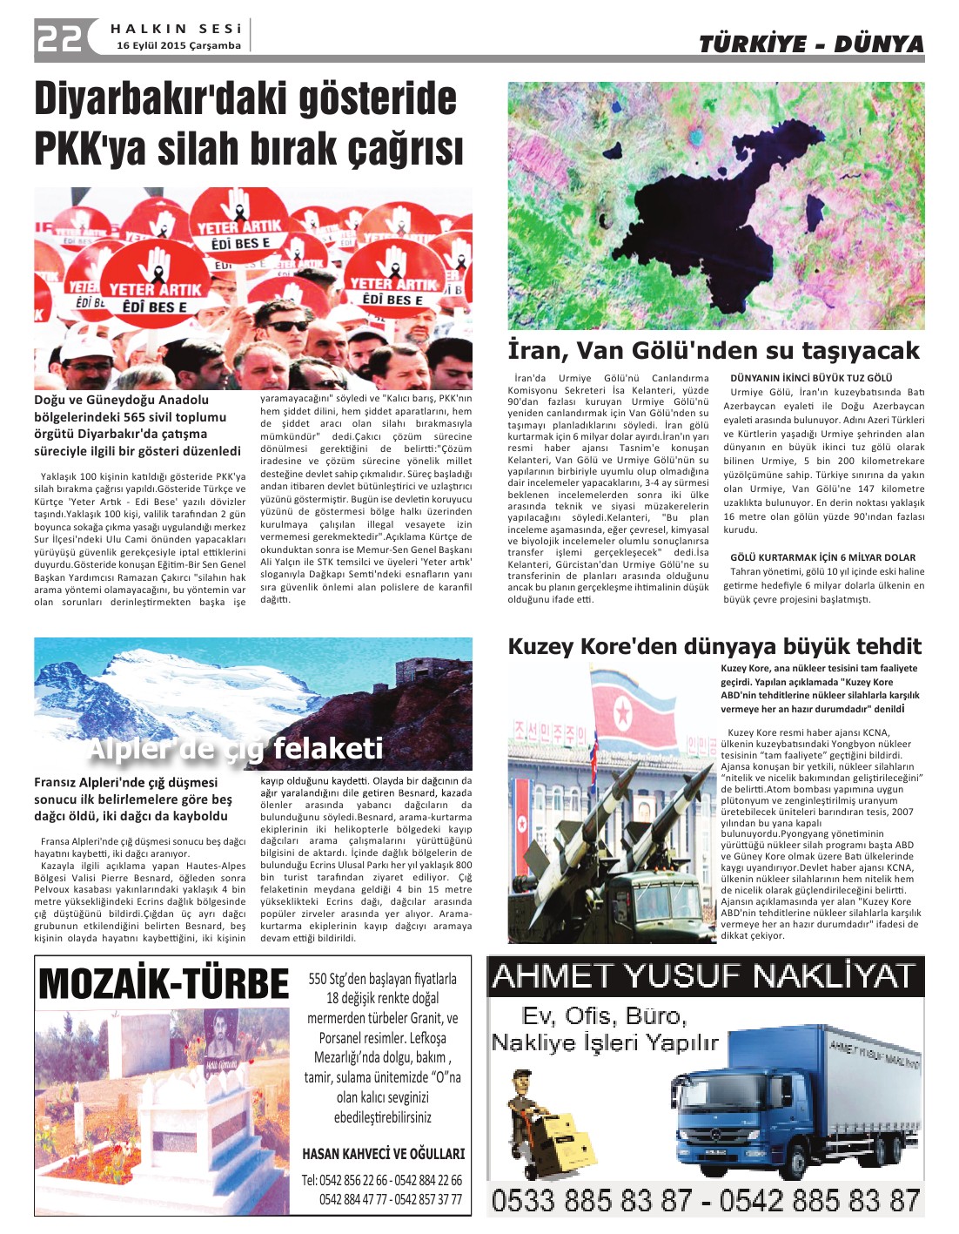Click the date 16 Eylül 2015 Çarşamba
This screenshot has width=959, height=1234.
pyautogui.click(x=178, y=45)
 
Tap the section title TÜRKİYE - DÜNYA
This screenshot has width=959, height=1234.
pyautogui.click(x=810, y=44)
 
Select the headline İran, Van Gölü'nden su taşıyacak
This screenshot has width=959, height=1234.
pyautogui.click(x=713, y=350)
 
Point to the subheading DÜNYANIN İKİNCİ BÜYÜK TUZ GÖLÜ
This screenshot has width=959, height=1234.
pyautogui.click(x=811, y=378)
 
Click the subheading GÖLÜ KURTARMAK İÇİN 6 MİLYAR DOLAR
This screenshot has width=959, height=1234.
pyautogui.click(x=822, y=557)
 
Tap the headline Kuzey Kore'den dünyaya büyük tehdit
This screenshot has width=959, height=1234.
pyautogui.click(x=714, y=646)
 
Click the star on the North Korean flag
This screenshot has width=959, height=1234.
pyautogui.click(x=622, y=714)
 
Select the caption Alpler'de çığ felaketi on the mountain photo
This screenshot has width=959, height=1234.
pyautogui.click(x=235, y=748)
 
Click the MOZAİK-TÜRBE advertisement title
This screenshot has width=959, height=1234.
pyautogui.click(x=164, y=984)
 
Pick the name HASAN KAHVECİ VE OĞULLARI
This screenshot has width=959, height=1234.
pyautogui.click(x=383, y=1154)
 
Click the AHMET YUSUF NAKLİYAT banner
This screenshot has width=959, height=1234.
pyautogui.click(x=704, y=976)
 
